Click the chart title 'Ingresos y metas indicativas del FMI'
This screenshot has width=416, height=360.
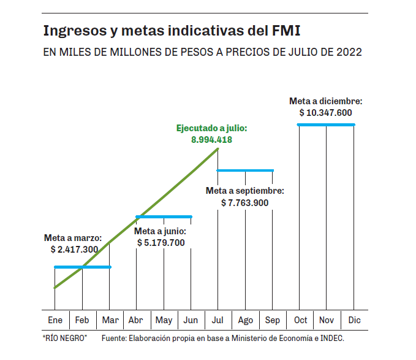[x=173, y=30]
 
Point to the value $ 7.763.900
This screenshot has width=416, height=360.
[x=245, y=202]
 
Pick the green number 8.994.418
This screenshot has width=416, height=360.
[x=211, y=140]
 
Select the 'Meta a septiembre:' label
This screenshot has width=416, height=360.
[x=245, y=191]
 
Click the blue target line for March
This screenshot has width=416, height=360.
[x=83, y=267]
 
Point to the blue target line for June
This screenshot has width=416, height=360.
[x=164, y=216]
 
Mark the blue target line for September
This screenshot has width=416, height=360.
[x=245, y=170]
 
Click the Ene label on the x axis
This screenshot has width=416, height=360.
[x=55, y=320]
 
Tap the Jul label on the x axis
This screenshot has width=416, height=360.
[x=218, y=320]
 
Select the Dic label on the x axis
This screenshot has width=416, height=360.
[x=354, y=320]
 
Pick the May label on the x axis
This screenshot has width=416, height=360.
[x=164, y=320]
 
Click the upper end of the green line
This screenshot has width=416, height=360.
[x=217, y=149]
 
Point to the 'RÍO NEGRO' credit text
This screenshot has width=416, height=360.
[x=65, y=339]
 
